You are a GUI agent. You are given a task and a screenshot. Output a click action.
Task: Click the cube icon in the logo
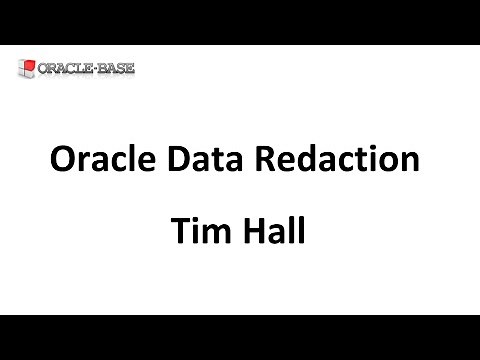coord(27,70)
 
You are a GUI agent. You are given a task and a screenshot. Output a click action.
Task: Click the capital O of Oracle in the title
coord(62,160)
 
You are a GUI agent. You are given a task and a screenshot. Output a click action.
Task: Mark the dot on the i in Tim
coord(194,218)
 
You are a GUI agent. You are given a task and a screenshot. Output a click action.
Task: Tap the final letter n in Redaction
coord(407,164)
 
